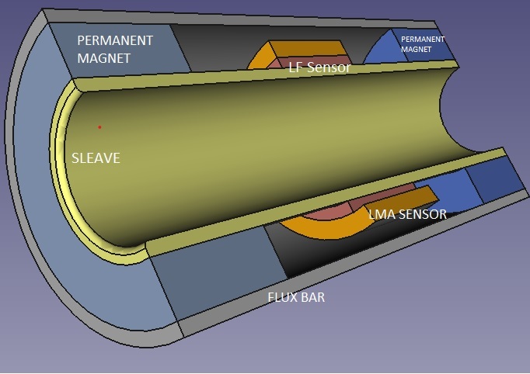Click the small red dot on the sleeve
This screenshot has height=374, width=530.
pyautogui.click(x=99, y=126)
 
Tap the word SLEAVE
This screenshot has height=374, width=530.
pyautogui.click(x=96, y=158)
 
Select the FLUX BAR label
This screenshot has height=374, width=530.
pyautogui.click(x=296, y=296)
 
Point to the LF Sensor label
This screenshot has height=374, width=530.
pyautogui.click(x=319, y=68)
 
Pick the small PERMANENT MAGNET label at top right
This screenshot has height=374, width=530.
pyautogui.click(x=422, y=43)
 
